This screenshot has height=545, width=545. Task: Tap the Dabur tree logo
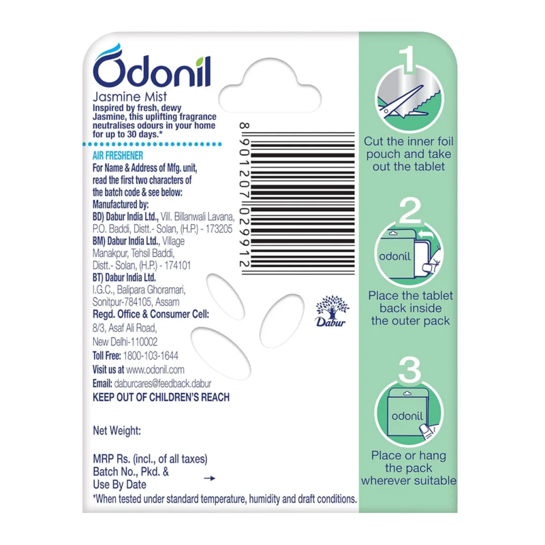[332, 311]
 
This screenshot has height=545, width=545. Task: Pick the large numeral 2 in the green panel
[410, 211]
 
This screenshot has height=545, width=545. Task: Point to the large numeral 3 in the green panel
[410, 369]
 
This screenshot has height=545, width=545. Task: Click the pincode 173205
[219, 229]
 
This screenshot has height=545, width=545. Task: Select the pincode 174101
[178, 266]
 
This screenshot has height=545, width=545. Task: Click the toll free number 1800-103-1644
[151, 356]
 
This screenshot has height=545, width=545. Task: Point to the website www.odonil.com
[155, 370]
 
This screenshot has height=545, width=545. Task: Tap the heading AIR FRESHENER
[118, 156]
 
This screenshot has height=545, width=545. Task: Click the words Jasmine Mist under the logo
[129, 97]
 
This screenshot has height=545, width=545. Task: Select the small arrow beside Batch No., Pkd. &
[210, 478]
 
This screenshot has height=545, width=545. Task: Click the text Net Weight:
[116, 431]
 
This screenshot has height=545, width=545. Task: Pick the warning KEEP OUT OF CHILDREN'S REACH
[161, 397]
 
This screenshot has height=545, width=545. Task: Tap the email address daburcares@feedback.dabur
[163, 384]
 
